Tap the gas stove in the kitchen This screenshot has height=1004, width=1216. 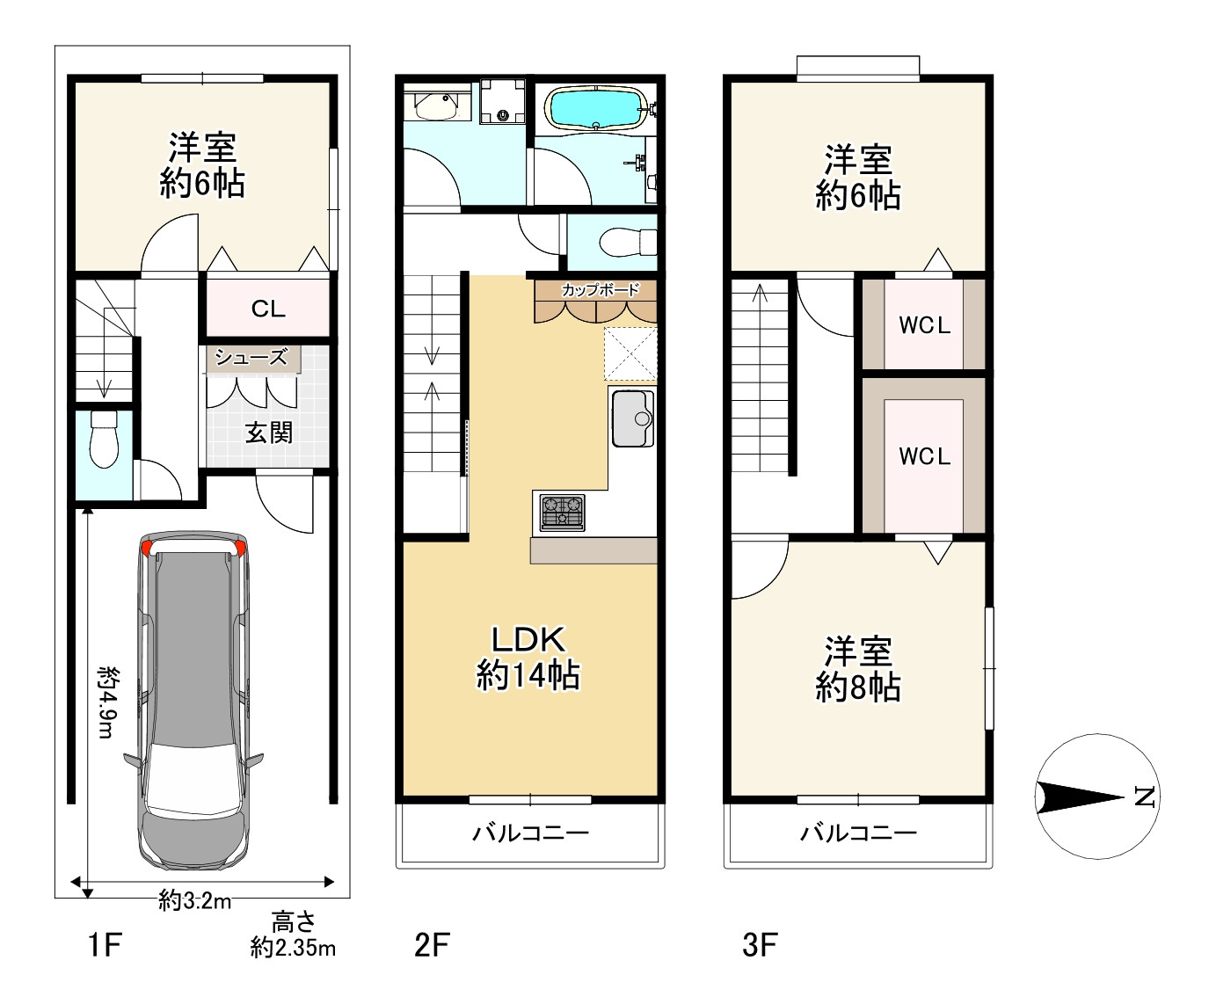(x=562, y=513)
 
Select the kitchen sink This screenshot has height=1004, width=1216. (x=632, y=418)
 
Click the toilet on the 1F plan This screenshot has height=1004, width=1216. (x=104, y=439)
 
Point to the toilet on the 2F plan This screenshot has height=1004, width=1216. (x=629, y=242)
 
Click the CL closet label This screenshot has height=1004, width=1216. (x=268, y=309)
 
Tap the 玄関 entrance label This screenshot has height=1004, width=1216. (x=268, y=433)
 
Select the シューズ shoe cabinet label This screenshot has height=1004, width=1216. (x=251, y=357)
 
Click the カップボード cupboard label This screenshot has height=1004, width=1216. (x=600, y=289)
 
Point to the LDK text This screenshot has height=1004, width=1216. (x=528, y=639)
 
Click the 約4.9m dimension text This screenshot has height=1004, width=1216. (x=107, y=702)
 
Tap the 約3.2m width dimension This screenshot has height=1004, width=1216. (x=195, y=901)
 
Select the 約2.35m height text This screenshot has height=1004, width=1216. (x=293, y=948)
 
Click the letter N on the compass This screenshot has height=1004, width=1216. (x=1145, y=797)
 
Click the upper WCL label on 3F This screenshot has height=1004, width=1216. (x=925, y=325)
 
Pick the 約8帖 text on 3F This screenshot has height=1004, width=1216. (x=858, y=688)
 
